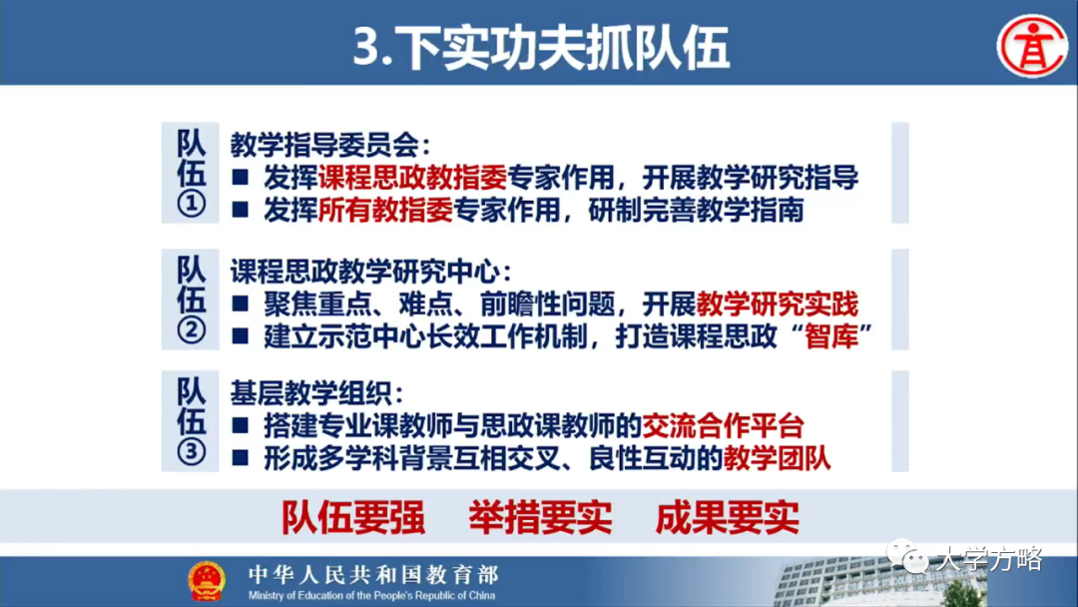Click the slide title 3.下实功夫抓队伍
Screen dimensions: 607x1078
click(540, 47)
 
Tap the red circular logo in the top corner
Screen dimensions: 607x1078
click(1033, 45)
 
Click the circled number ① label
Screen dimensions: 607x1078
click(191, 206)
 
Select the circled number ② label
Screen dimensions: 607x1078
click(191, 330)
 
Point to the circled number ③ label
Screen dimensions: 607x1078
click(191, 452)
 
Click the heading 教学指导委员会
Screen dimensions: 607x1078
click(329, 145)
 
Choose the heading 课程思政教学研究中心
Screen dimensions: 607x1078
click(370, 270)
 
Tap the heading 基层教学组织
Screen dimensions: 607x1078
click(316, 392)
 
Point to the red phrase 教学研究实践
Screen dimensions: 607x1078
click(778, 303)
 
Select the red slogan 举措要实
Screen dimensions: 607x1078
click(539, 517)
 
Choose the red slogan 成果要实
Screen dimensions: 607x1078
click(727, 517)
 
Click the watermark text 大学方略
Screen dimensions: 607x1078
click(988, 559)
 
